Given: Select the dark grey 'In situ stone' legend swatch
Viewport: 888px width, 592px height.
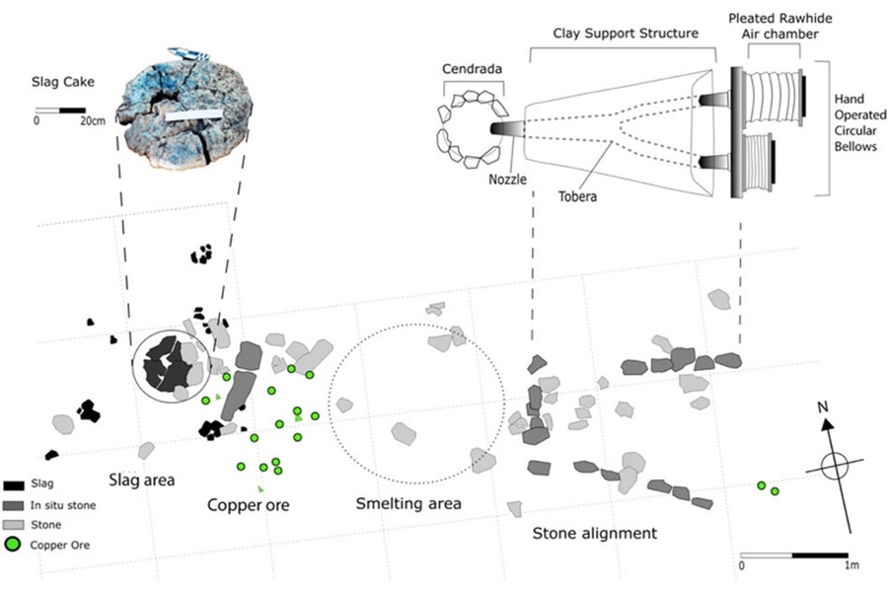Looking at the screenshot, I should [15, 504].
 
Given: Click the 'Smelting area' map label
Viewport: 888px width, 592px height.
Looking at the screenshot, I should [408, 503].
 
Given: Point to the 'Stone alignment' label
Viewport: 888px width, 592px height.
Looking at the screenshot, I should [594, 534].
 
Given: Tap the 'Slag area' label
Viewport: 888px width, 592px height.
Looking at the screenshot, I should [141, 481].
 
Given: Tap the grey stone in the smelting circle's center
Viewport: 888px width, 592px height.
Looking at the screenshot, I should [404, 432].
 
